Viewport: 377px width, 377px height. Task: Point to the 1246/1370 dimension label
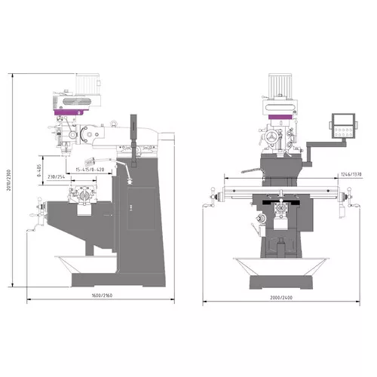pyautogui.click(x=351, y=174)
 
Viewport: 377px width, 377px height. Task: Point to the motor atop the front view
pyautogui.click(x=280, y=84)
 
